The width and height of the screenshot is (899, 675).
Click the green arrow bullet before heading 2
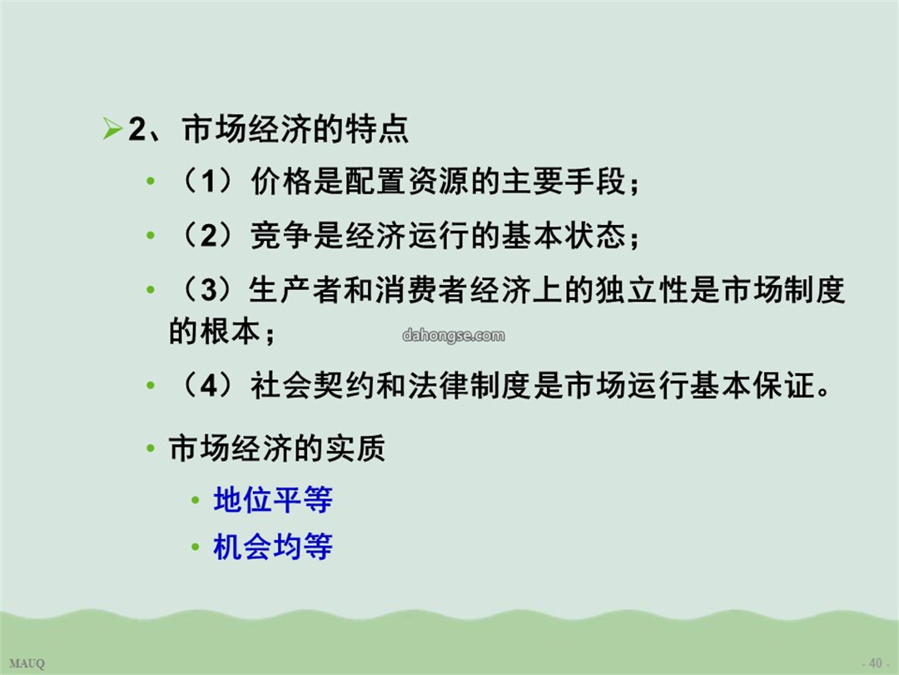(x=112, y=128)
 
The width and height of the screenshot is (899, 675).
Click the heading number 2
(x=137, y=128)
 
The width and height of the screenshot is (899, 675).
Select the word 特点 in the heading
(x=377, y=128)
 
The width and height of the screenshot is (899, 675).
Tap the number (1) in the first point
(x=207, y=182)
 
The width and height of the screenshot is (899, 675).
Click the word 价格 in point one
(x=281, y=182)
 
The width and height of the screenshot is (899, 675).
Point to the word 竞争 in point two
(x=281, y=235)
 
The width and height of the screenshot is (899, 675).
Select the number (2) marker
(x=207, y=235)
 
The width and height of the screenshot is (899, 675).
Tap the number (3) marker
(x=207, y=289)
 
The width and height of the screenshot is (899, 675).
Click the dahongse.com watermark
(x=454, y=335)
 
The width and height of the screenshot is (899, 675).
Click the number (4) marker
(x=207, y=385)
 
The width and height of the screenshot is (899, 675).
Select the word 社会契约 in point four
(x=313, y=385)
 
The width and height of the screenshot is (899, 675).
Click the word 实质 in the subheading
(x=355, y=448)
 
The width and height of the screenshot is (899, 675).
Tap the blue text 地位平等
(x=273, y=499)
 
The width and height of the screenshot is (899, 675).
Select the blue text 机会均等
(x=273, y=547)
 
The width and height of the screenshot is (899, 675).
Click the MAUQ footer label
(x=27, y=663)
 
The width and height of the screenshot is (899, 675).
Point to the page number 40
(x=876, y=663)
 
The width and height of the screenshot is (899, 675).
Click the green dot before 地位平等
(x=195, y=501)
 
